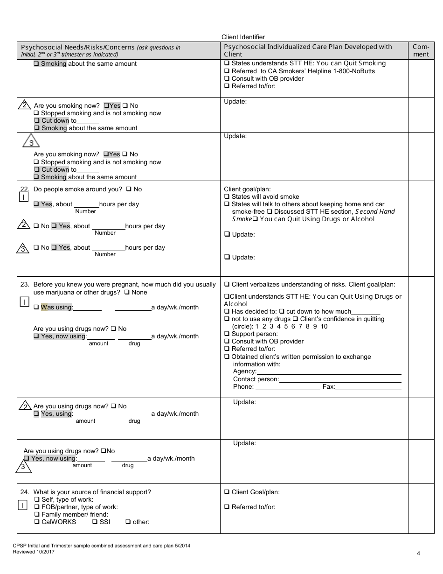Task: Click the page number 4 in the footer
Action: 418,553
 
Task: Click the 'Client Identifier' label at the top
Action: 243,37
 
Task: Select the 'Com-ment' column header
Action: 421,50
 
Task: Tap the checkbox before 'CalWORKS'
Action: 36,522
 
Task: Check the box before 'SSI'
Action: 95,522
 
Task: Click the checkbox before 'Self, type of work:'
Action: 36,500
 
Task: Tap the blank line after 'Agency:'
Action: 329,371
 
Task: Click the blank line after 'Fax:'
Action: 368,387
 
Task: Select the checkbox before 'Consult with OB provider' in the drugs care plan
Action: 227,342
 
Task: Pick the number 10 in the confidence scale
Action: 324,327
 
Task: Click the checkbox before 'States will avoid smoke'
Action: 227,197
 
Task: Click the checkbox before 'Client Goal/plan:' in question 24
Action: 227,492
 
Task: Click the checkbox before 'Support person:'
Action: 227,334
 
